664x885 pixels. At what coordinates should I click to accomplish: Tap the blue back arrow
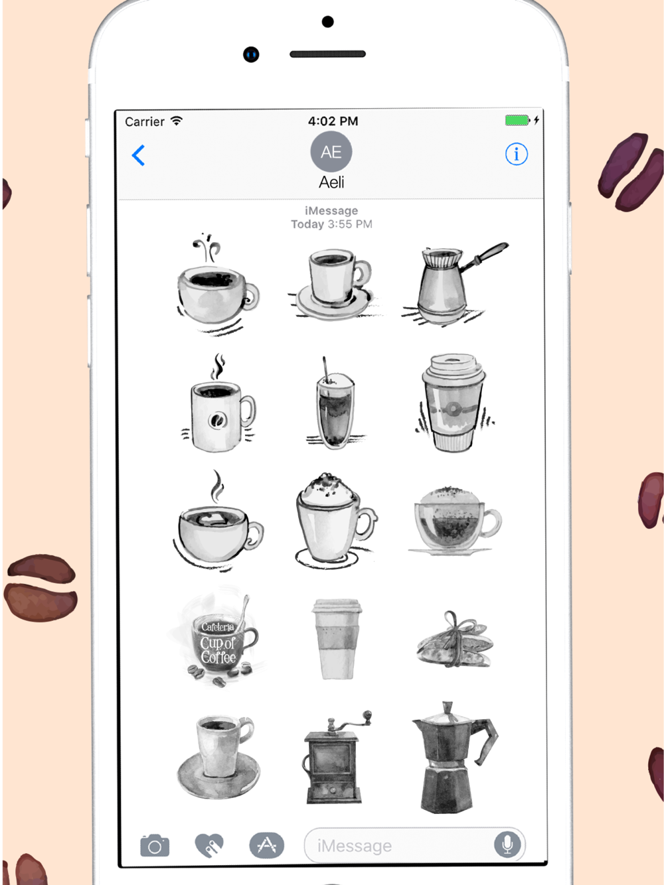138,155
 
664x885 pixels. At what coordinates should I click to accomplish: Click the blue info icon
517,154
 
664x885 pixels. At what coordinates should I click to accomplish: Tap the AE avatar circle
331,152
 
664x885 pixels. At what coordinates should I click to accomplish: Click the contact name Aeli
331,182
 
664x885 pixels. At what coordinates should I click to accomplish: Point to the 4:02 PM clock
333,121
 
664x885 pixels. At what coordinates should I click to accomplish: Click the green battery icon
517,120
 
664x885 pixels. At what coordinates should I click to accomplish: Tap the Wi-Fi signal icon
176,121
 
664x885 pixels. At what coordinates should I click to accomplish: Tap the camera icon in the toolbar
155,845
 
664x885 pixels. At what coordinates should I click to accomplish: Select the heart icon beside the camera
209,845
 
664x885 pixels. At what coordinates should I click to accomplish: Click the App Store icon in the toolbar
267,845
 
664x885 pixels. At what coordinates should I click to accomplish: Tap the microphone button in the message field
507,845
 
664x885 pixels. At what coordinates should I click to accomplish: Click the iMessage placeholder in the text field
354,846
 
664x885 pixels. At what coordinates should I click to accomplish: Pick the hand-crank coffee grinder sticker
335,758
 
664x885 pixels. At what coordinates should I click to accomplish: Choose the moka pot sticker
454,758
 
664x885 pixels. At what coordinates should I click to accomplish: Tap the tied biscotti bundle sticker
455,640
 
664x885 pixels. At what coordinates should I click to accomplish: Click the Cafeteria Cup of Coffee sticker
220,640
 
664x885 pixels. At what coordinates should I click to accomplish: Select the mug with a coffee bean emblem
218,403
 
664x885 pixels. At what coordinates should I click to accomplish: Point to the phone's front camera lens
251,54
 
